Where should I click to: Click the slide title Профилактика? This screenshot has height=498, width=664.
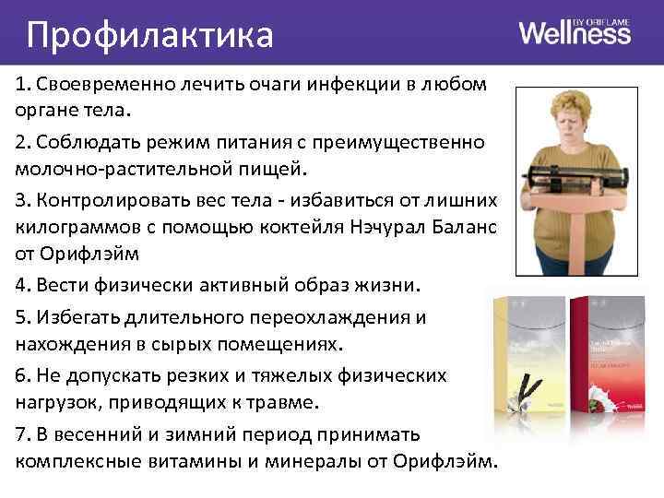(x=150, y=36)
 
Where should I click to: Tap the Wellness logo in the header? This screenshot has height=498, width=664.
(x=575, y=34)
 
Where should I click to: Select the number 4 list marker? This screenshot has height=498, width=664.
(x=21, y=282)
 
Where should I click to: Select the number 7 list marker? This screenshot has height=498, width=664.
(x=21, y=434)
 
